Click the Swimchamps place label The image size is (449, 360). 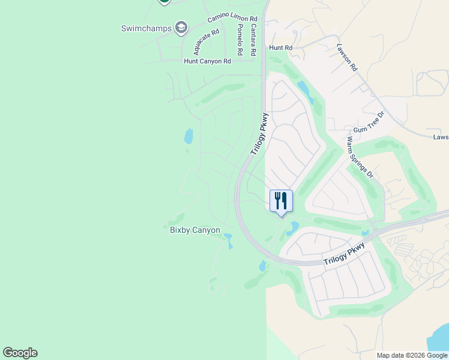click(146, 28)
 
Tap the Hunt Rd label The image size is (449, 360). click(281, 47)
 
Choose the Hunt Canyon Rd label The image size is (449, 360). click(207, 61)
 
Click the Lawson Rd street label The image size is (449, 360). click(347, 58)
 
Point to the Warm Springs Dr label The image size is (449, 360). click(360, 158)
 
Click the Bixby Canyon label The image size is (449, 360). click(194, 230)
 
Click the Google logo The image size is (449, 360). click(20, 353)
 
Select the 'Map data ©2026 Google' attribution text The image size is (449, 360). click(412, 355)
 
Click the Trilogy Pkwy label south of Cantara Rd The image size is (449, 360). click(259, 134)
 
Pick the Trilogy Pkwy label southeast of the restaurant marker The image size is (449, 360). click(344, 254)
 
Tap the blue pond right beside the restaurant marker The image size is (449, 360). click(293, 228)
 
